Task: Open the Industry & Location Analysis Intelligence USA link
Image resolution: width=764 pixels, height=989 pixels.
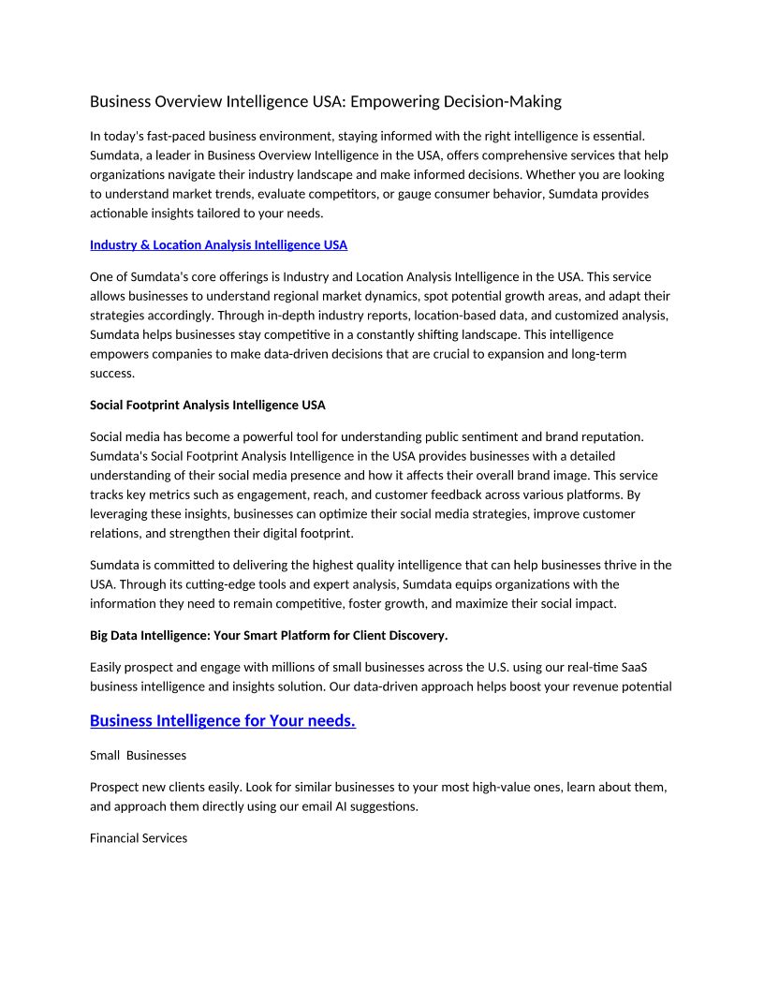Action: click(218, 245)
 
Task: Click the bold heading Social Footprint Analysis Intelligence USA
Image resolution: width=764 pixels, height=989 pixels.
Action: click(208, 406)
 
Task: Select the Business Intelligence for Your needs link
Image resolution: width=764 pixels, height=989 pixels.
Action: click(222, 721)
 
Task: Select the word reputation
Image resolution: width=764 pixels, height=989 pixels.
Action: click(610, 436)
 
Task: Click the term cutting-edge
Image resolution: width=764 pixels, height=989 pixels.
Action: click(275, 584)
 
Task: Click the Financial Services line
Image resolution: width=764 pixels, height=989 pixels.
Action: click(139, 838)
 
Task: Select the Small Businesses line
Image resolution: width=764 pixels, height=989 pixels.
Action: click(139, 755)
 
